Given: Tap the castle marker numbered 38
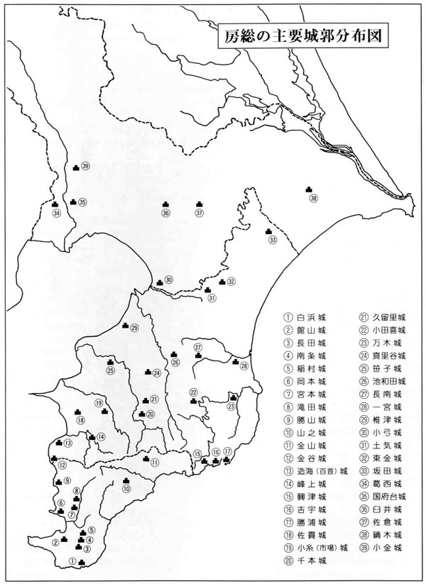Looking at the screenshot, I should (x=309, y=189).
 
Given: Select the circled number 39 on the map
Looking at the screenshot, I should (x=85, y=166).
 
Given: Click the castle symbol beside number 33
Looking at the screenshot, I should (x=268, y=231).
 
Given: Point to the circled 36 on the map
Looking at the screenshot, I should (x=165, y=212).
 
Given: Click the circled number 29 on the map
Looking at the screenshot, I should (x=133, y=328).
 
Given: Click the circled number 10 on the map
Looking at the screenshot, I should (x=126, y=489).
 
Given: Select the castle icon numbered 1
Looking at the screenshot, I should (x=82, y=563).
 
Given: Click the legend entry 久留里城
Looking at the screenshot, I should (x=381, y=316).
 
